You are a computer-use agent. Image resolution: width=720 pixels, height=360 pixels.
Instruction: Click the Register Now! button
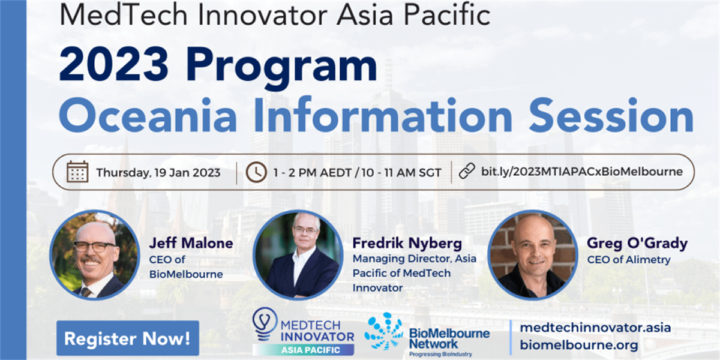tap(128, 338)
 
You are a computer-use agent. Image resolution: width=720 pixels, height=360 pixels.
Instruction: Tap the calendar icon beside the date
tap(77, 172)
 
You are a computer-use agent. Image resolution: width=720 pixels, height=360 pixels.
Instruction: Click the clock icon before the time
tap(256, 172)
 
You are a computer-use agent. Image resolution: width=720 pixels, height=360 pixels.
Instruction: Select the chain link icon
tap(467, 171)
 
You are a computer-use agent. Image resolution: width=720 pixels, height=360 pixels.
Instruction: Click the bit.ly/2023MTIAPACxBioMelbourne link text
tap(582, 172)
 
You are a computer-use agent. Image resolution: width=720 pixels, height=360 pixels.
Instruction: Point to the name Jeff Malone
tap(191, 244)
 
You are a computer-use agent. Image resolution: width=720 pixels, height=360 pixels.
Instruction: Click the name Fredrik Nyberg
tap(407, 244)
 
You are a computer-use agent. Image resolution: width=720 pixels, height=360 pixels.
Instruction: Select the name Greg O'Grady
tap(637, 244)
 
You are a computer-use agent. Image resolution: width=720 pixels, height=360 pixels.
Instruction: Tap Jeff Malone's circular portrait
tap(95, 255)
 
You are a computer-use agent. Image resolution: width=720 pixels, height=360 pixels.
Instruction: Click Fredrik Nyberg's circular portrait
tap(298, 255)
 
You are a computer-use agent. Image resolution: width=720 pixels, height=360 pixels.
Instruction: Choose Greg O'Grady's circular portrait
tap(533, 255)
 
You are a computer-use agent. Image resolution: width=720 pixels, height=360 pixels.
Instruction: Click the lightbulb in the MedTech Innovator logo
tap(265, 323)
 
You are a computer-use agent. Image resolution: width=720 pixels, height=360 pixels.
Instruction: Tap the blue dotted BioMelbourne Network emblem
tap(384, 331)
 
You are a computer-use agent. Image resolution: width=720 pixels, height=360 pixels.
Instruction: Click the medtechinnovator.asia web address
tap(595, 328)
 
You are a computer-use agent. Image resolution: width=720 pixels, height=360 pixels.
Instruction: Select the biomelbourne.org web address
tap(579, 345)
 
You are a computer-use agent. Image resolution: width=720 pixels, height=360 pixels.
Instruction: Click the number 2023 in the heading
tap(114, 64)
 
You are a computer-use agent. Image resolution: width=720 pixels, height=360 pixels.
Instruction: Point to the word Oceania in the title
tap(148, 116)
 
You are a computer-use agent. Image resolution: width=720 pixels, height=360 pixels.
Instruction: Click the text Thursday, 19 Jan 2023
tap(158, 173)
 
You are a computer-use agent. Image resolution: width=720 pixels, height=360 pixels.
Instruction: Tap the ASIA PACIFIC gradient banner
tap(303, 350)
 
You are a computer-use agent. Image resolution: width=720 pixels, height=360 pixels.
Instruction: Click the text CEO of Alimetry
tap(629, 260)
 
